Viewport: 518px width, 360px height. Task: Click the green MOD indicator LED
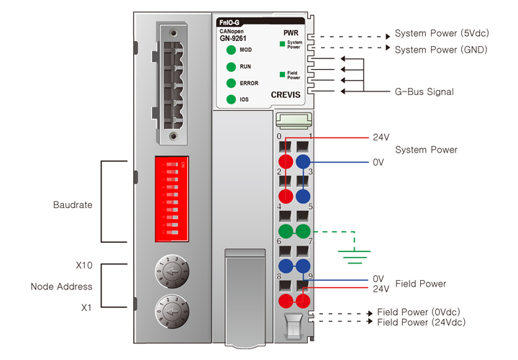[231, 50]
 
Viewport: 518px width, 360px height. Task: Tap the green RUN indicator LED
[231, 66]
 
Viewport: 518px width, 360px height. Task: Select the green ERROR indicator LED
[231, 84]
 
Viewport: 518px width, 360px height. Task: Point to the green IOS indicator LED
[231, 99]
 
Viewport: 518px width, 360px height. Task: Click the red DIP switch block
[171, 197]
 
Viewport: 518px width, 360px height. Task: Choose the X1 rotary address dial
[171, 311]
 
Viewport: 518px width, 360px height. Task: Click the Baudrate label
[73, 204]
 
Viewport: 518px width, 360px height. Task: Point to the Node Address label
[61, 287]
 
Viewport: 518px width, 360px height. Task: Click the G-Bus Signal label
[424, 92]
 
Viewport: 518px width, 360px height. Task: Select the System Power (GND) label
[441, 50]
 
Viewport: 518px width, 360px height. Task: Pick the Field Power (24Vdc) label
[421, 323]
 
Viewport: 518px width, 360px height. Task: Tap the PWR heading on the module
[291, 33]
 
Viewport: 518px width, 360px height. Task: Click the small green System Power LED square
[283, 44]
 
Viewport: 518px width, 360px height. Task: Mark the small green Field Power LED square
[283, 74]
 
